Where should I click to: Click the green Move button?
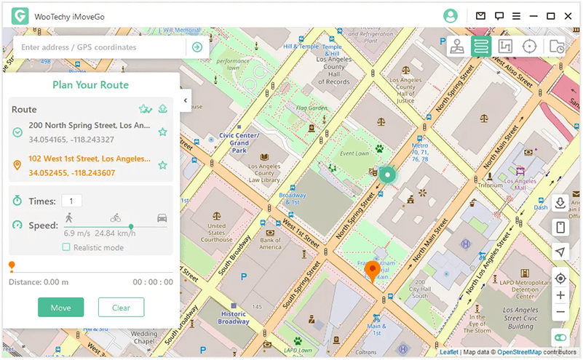pyautogui.click(x=61, y=308)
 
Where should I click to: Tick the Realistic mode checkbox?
pyautogui.click(x=66, y=247)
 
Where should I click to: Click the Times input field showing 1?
pyautogui.click(x=71, y=201)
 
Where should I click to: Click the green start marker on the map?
pyautogui.click(x=387, y=175)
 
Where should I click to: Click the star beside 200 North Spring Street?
pyautogui.click(x=163, y=132)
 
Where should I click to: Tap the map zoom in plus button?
pyautogui.click(x=560, y=295)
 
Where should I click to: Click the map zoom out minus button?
pyautogui.click(x=560, y=312)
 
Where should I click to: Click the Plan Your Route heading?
pyautogui.click(x=90, y=85)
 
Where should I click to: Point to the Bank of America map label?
pyautogui.click(x=270, y=244)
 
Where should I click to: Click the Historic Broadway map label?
pyautogui.click(x=234, y=317)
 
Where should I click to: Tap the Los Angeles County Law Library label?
pyautogui.click(x=263, y=172)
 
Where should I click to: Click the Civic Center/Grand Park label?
pyautogui.click(x=239, y=142)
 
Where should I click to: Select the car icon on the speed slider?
pyautogui.click(x=162, y=217)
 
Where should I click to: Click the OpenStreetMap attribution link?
pyautogui.click(x=520, y=352)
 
